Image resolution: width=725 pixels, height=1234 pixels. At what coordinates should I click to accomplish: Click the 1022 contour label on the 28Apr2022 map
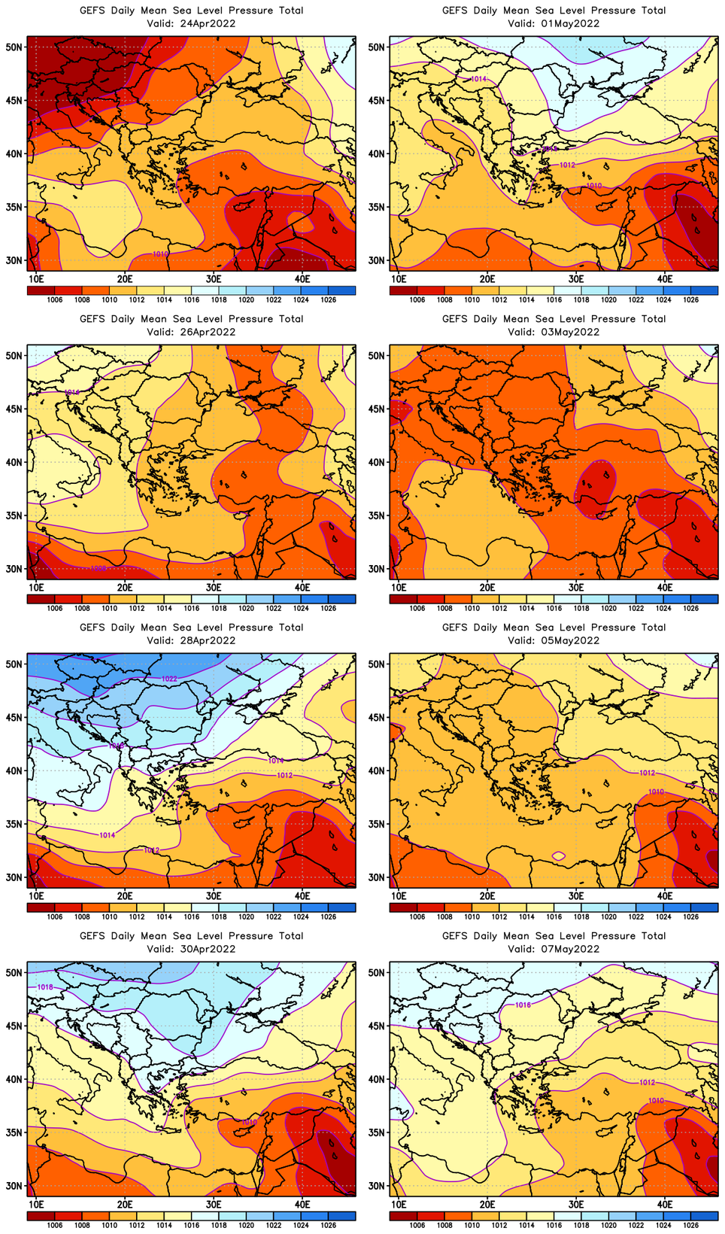pos(169,679)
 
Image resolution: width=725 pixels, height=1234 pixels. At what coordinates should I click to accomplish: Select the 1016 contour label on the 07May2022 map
pos(523,1005)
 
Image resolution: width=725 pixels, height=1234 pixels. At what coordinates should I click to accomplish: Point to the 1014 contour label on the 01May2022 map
pos(478,79)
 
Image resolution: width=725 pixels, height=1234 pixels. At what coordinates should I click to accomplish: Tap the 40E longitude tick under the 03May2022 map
pos(665,587)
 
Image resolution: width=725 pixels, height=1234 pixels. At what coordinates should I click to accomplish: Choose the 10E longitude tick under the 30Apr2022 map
pos(35,1204)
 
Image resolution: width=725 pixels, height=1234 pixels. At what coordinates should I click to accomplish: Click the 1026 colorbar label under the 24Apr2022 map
pos(328,300)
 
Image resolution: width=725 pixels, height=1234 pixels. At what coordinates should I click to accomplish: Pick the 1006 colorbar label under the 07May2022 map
pos(417,1226)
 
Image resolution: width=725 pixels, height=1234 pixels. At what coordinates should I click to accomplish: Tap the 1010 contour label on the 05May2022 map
pos(656,792)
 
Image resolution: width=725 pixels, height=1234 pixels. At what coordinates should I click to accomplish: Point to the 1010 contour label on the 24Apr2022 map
pos(160,254)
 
